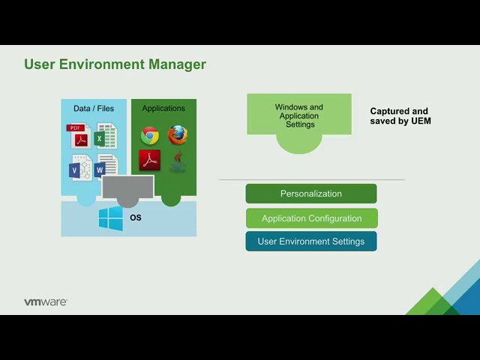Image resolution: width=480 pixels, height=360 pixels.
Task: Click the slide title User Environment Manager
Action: [x=115, y=64]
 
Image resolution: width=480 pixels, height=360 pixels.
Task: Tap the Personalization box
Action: [x=311, y=193]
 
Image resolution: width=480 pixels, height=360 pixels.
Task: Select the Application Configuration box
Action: [x=312, y=218]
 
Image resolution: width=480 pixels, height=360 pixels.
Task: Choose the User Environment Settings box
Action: [x=311, y=241]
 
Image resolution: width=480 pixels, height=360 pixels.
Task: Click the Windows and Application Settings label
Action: [x=299, y=115]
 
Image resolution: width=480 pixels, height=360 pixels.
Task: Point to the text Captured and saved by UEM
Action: [x=400, y=116]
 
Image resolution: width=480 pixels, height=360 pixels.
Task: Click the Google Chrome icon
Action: [x=150, y=135]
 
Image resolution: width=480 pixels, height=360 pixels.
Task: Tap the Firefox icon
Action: [x=178, y=135]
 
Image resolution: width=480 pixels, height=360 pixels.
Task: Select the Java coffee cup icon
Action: [x=178, y=161]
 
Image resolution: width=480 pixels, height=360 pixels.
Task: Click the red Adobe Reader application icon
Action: [x=150, y=160]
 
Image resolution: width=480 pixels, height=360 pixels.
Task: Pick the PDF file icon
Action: [x=79, y=136]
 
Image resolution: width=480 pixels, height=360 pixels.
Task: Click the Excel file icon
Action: [x=106, y=136]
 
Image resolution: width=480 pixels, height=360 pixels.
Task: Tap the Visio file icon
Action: [x=81, y=167]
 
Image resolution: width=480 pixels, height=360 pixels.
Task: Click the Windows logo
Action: [x=111, y=218]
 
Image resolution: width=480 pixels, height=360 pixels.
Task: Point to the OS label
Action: [x=136, y=217]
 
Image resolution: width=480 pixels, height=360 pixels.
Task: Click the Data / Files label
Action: [x=94, y=108]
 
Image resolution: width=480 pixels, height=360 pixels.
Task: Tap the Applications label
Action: [x=163, y=108]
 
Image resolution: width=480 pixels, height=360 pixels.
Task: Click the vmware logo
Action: [x=46, y=301]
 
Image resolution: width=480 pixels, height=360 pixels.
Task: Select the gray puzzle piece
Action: [x=128, y=190]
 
